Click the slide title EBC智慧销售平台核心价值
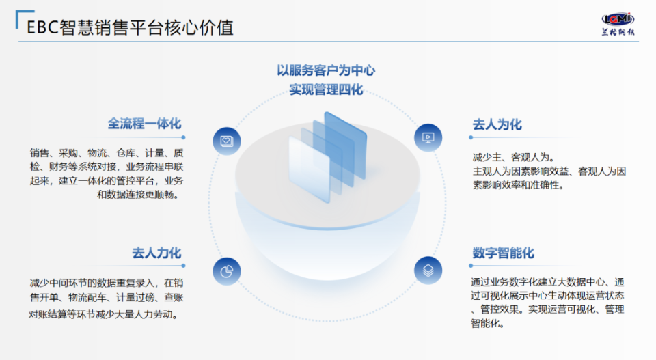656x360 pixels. coord(130,27)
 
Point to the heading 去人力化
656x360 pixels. coord(156,253)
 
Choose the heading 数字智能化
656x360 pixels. coord(502,253)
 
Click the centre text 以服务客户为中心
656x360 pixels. coord(326,70)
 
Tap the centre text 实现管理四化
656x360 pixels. coord(326,89)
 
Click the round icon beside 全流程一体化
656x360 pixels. coord(226,140)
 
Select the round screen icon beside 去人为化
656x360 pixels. coord(428,137)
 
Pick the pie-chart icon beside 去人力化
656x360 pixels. coord(226,271)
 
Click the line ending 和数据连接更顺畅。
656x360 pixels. coord(139,195)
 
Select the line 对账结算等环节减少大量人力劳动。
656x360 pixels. coord(106,315)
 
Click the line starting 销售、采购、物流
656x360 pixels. coord(106,152)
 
